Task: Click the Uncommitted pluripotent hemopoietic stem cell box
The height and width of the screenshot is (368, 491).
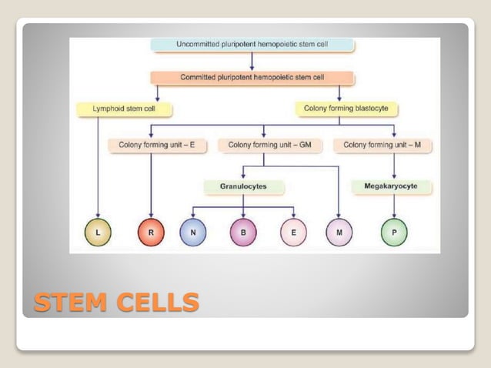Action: pos(252,45)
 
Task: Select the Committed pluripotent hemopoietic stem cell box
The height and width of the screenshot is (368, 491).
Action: pos(252,78)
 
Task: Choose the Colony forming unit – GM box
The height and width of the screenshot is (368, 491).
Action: pos(265,144)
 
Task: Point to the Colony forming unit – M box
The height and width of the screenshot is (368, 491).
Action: pos(382,144)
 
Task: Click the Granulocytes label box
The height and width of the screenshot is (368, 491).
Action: pos(244,186)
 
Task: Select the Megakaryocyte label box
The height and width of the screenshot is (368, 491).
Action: pos(393,186)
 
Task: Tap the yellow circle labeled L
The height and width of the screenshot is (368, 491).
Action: pos(99,232)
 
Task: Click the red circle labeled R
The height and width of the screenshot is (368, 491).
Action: pos(151,232)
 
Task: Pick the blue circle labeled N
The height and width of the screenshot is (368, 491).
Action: pos(192,232)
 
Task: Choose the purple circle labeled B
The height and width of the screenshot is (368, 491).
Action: pos(243,232)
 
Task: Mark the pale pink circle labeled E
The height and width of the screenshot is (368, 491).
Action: pos(293,232)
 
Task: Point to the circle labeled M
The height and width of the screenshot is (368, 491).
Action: pos(339,232)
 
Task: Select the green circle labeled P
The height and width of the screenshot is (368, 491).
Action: pos(394,232)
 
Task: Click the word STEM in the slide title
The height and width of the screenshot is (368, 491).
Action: pos(71,302)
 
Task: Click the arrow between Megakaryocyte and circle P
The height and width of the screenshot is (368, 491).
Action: pos(394,205)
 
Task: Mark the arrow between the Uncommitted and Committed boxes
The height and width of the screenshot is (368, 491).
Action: pos(252,62)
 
